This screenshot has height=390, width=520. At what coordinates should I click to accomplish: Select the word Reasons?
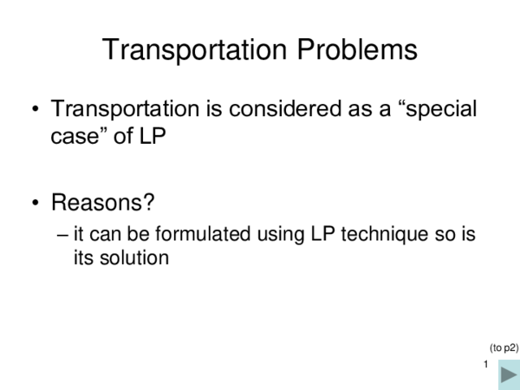(102, 204)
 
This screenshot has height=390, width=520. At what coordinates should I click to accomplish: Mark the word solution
(133, 257)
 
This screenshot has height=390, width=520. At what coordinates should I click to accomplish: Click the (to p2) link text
(504, 348)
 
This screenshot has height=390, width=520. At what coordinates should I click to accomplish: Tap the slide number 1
(487, 365)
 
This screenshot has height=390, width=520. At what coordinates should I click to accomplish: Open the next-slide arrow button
(509, 375)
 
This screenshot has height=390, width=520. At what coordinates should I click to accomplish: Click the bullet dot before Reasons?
(36, 205)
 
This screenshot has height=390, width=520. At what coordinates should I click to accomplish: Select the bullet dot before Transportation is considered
(36, 111)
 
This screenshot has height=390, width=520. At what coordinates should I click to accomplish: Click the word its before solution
(84, 257)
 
